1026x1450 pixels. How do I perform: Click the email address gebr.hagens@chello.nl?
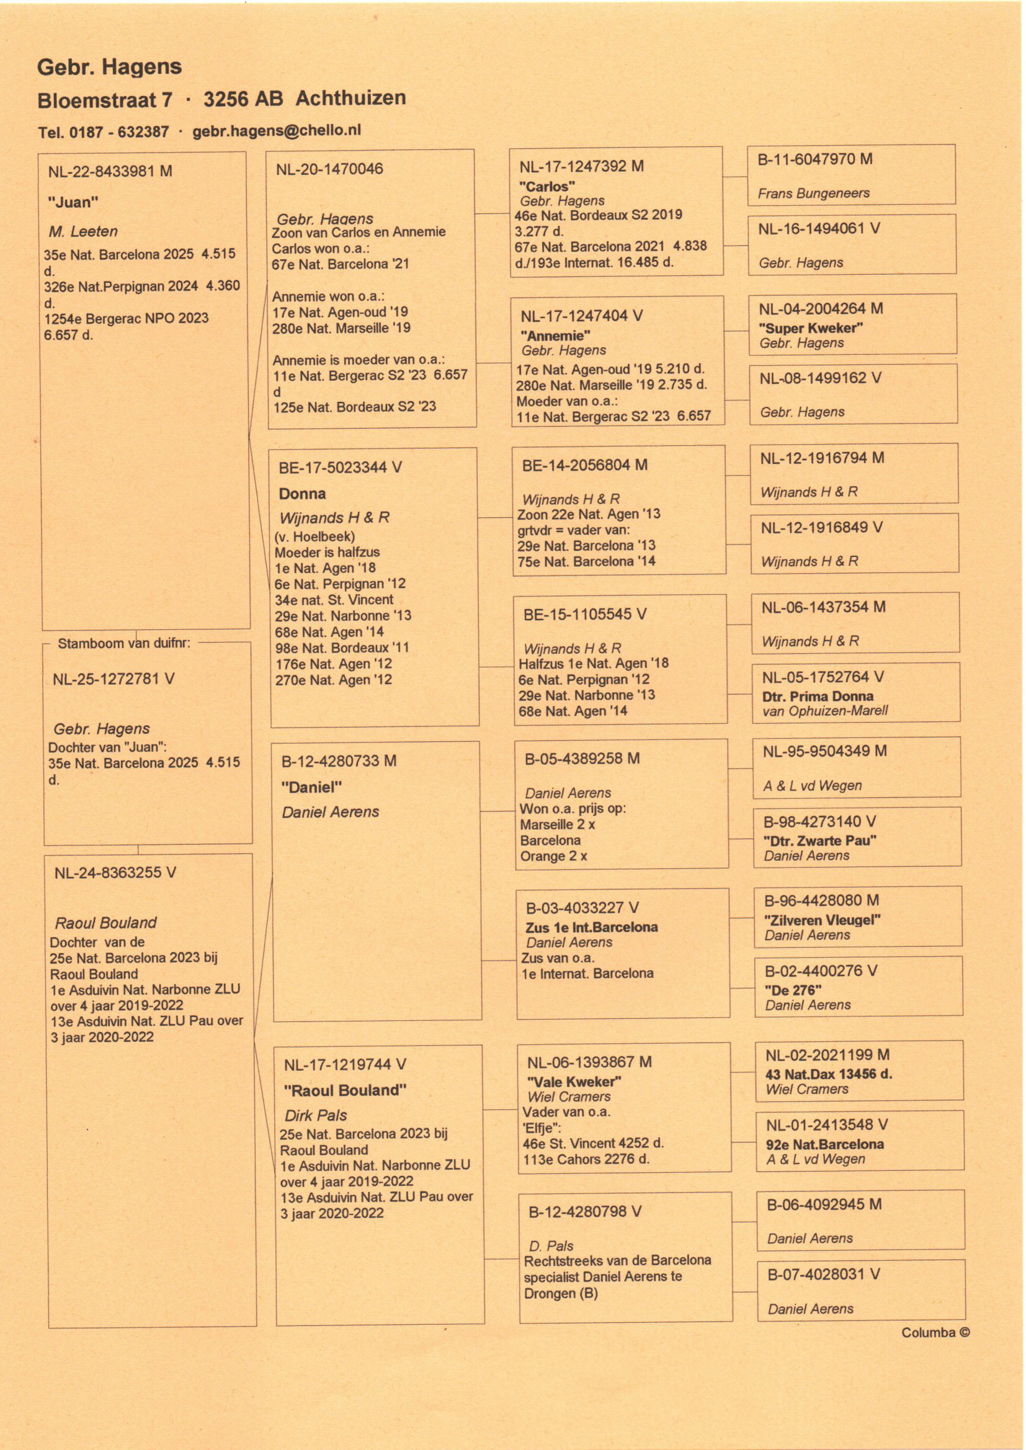277,130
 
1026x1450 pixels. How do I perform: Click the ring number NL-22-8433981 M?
110,171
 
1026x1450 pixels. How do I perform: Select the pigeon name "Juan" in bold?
73,202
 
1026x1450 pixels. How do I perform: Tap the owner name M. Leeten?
83,231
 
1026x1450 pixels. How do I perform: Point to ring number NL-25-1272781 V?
114,679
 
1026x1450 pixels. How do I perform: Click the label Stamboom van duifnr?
124,643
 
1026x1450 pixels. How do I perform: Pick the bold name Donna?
302,493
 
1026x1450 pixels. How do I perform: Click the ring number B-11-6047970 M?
815,159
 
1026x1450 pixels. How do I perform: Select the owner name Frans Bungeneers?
814,193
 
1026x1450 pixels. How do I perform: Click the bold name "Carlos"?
547,186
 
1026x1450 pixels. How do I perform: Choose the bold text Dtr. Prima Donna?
818,696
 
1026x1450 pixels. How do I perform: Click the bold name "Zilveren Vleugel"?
822,920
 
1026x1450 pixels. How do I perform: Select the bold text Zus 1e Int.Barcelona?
591,927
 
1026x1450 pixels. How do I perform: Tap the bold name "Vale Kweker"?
574,1081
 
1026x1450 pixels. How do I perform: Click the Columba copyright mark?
935,1332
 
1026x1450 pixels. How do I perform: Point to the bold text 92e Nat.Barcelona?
824,1144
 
